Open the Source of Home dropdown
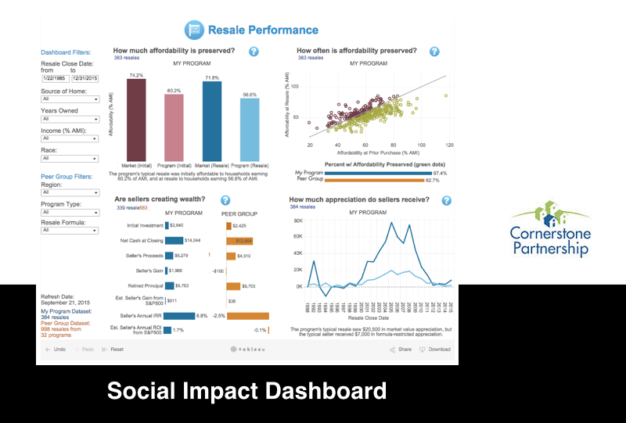pyautogui.click(x=70, y=99)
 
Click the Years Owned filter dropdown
pyautogui.click(x=70, y=119)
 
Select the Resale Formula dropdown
pyautogui.click(x=70, y=231)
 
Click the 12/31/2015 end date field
pyautogui.click(x=85, y=78)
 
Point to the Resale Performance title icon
pyautogui.click(x=193, y=30)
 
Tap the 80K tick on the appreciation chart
pyautogui.click(x=297, y=220)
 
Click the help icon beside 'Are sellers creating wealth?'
pyautogui.click(x=225, y=200)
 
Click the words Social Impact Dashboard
pyautogui.click(x=246, y=390)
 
